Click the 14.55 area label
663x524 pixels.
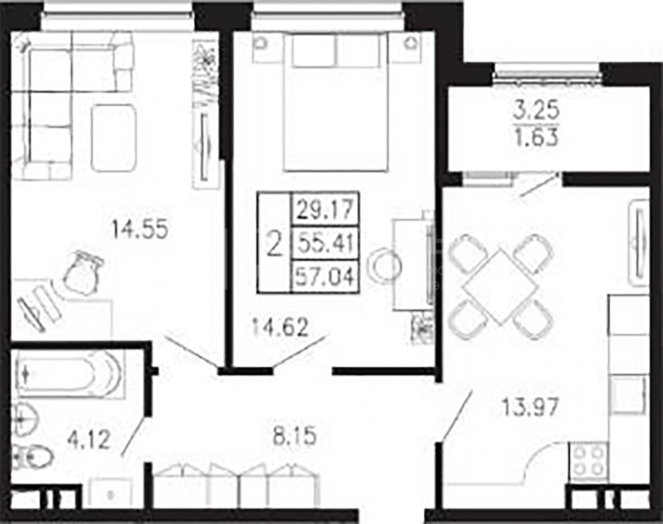140,230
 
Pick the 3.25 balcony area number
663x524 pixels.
536,111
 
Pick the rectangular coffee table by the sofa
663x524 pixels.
113,138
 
